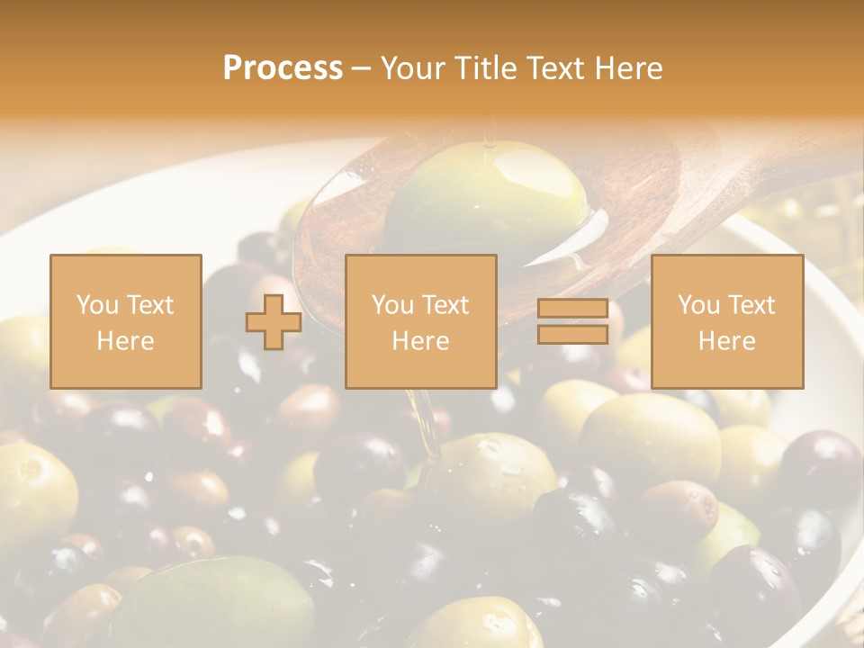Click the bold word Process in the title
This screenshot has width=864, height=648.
point(283,67)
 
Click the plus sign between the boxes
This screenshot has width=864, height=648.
point(274,321)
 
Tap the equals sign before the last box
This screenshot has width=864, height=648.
point(572,321)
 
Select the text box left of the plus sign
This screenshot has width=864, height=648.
point(125,321)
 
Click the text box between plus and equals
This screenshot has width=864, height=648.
point(420,321)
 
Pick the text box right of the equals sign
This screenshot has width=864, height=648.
point(726,321)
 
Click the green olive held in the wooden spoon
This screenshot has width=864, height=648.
point(486,198)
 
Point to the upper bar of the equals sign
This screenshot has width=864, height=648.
point(572,309)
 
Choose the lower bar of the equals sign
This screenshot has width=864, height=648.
point(572,334)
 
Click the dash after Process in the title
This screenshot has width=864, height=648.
point(362,69)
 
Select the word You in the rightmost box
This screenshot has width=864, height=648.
point(697,305)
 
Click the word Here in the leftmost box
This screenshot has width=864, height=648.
point(125,340)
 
